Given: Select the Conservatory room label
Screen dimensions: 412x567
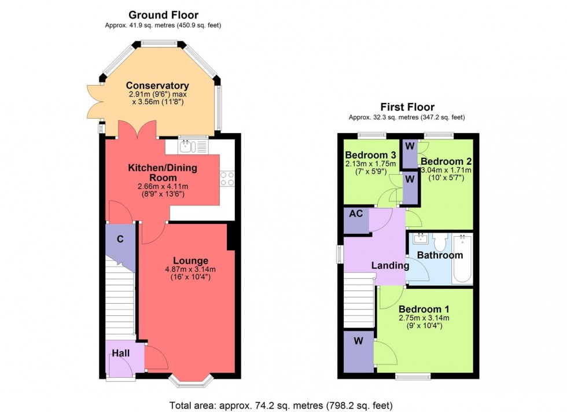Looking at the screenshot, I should (157, 86).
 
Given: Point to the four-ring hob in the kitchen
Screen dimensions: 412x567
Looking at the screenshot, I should (227, 179).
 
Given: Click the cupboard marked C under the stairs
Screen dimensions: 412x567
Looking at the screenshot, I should (120, 239).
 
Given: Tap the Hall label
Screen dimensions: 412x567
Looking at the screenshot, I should (120, 353).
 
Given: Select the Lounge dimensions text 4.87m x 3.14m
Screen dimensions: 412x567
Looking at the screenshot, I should (186, 269).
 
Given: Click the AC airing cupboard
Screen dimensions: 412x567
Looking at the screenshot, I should (356, 214).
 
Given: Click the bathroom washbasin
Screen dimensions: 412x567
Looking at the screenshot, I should (421, 238).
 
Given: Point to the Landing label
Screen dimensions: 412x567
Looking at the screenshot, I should (389, 266).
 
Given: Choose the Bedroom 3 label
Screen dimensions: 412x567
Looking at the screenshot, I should (370, 155).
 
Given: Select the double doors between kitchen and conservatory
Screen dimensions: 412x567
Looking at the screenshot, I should (137, 131).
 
